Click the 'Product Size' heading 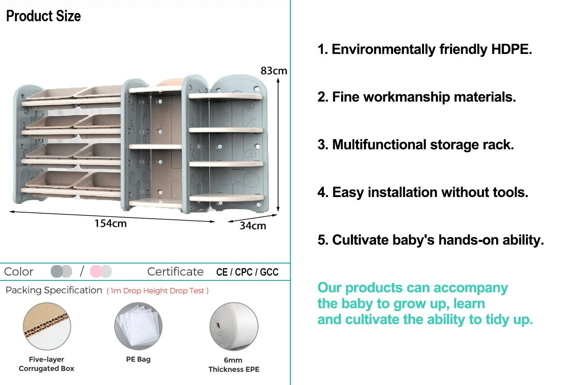[43, 16]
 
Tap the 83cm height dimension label [273, 71]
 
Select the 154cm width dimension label [110, 223]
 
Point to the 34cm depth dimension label [253, 226]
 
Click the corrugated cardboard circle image [47, 326]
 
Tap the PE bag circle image [138, 326]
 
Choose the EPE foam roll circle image [234, 326]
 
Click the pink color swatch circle [96, 271]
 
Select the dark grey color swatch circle [57, 271]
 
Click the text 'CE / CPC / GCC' [247, 272]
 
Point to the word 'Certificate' [175, 272]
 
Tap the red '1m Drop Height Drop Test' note [157, 291]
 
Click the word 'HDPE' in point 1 [511, 50]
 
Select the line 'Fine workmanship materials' [417, 97]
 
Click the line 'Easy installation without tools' [423, 192]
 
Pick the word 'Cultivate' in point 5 [360, 240]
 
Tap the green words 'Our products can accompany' [412, 288]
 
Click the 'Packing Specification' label [54, 290]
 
